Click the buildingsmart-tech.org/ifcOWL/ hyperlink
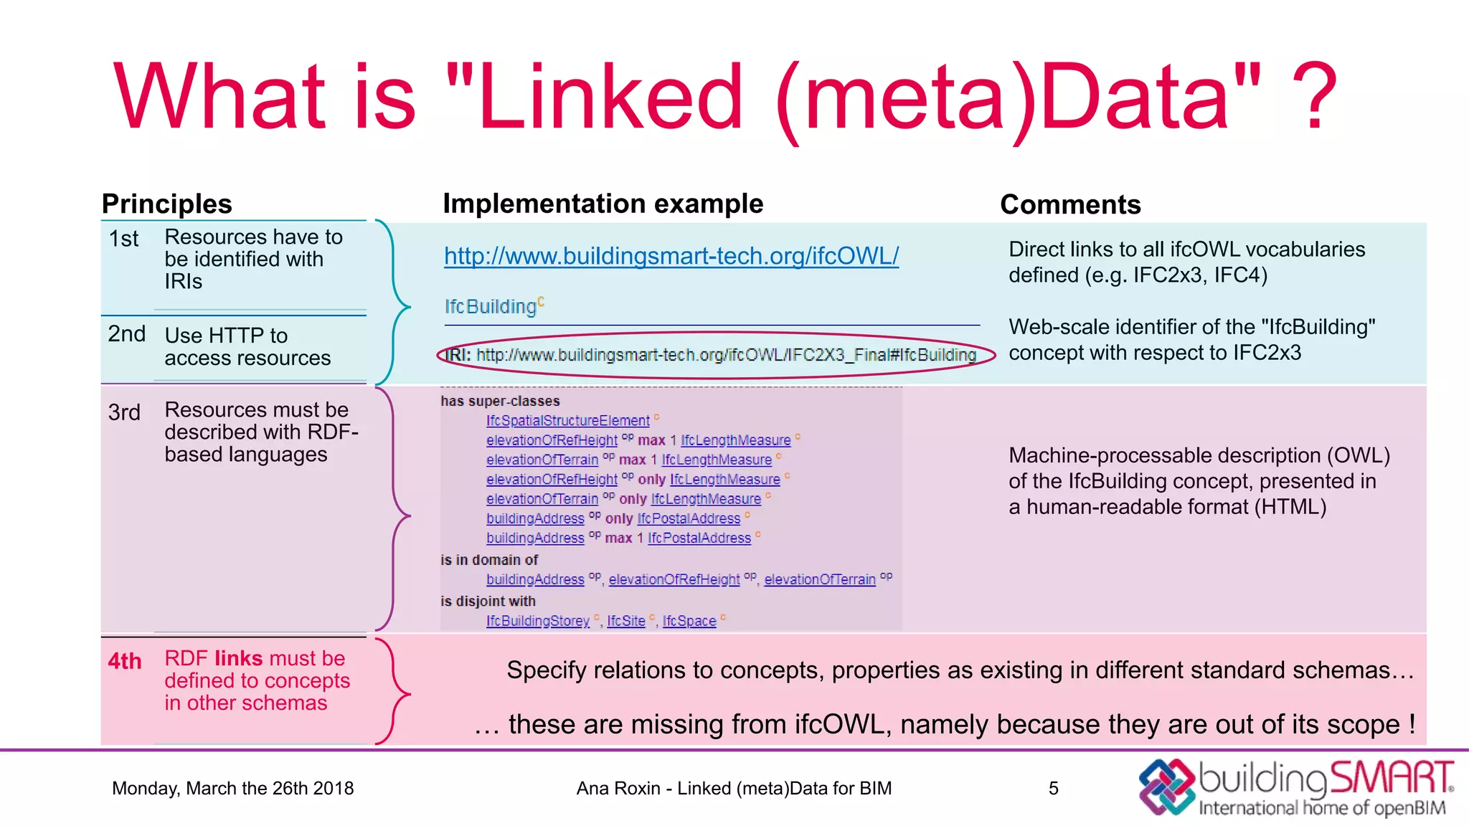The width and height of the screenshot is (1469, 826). point(671,256)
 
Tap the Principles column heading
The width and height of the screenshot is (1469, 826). point(167,204)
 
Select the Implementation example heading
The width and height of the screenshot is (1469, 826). point(603,204)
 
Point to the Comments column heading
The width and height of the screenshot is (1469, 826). point(1070,205)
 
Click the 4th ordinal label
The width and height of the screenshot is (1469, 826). point(125,661)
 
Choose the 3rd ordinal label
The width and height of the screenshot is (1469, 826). point(124,413)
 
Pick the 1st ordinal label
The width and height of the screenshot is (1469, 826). point(123,239)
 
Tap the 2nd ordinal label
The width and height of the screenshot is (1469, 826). point(126,334)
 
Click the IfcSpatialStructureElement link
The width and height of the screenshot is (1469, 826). point(567,421)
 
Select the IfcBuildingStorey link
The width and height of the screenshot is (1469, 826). point(537,621)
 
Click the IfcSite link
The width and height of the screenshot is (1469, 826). point(626,621)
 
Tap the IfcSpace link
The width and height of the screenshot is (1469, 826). point(689,621)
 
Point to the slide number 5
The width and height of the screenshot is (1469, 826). point(1053,789)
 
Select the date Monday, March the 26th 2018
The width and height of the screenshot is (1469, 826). point(233,789)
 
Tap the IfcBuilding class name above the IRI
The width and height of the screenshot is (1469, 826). point(491,307)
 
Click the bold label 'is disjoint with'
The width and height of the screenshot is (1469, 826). point(488,602)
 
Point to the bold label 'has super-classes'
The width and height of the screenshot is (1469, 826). point(500,402)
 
